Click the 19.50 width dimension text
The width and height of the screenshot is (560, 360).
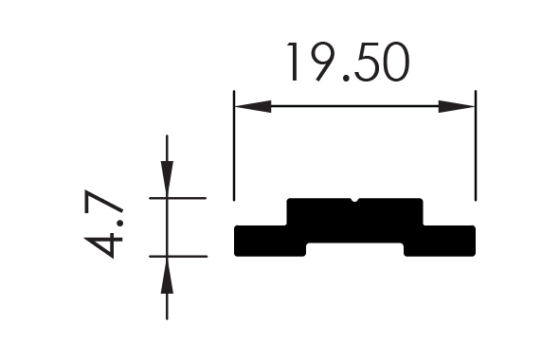[349, 62]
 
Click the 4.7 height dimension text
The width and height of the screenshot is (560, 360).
[104, 224]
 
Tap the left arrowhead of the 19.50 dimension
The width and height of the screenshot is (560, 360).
[253, 106]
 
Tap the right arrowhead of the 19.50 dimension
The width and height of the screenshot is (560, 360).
[457, 106]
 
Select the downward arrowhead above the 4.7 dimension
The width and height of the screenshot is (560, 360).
[167, 178]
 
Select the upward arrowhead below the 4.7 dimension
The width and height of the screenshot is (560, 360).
[167, 275]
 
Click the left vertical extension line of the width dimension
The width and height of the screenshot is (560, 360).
[234, 146]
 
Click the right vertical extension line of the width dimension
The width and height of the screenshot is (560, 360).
[476, 146]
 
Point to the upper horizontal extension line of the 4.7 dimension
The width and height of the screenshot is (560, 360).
[178, 198]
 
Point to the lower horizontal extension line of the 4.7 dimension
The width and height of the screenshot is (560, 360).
[178, 257]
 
